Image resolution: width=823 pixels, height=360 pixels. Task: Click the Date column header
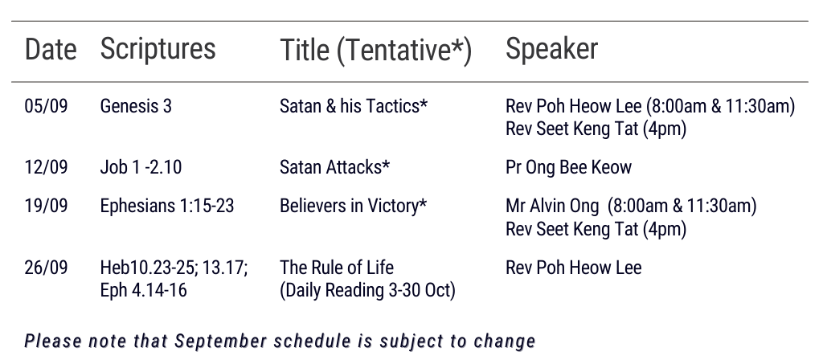click(x=51, y=49)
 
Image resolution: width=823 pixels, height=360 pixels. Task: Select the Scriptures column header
click(x=158, y=49)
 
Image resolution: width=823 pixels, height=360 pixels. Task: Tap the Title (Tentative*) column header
click(x=376, y=51)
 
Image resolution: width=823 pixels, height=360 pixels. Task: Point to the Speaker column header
click(x=551, y=49)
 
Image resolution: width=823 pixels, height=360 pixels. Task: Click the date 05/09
click(x=46, y=106)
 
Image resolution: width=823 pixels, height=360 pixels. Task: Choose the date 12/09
click(x=46, y=167)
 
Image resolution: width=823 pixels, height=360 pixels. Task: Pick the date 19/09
click(x=46, y=206)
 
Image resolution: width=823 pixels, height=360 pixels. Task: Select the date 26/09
click(x=46, y=268)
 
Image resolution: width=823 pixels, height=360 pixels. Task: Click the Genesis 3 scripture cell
click(x=136, y=106)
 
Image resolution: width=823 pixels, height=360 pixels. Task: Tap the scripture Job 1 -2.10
click(x=141, y=167)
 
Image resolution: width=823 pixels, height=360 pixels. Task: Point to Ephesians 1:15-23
click(x=167, y=206)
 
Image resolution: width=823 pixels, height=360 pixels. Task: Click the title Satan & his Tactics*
click(x=354, y=106)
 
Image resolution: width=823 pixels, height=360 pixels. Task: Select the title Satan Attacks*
click(x=335, y=167)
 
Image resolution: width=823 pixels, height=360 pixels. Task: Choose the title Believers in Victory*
click(x=354, y=206)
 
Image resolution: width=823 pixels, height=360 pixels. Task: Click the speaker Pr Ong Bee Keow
click(x=568, y=167)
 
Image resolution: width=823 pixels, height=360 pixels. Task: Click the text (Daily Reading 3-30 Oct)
click(x=367, y=290)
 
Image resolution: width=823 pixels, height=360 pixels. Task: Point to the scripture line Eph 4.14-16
click(x=143, y=290)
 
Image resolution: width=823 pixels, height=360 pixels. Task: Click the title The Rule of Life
click(x=337, y=268)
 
